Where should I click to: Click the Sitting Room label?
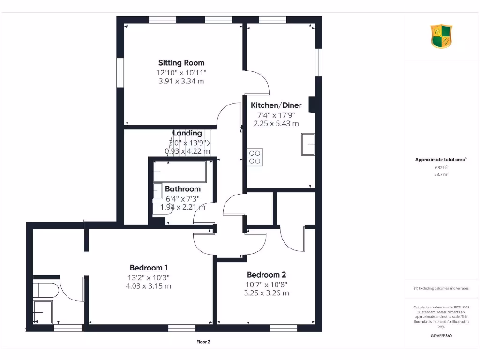pyautogui.click(x=181, y=63)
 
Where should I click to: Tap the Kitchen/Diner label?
pyautogui.click(x=276, y=105)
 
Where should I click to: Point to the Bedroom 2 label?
pyautogui.click(x=266, y=275)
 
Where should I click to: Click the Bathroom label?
pyautogui.click(x=182, y=189)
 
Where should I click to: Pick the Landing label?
pyautogui.click(x=187, y=133)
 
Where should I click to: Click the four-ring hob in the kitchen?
pyautogui.click(x=255, y=157)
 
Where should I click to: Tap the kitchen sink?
pyautogui.click(x=308, y=143)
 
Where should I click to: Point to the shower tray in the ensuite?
pyautogui.click(x=43, y=311)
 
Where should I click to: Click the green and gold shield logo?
pyautogui.click(x=441, y=37)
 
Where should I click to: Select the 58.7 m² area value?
pyautogui.click(x=441, y=174)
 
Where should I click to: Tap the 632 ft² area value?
pyautogui.click(x=441, y=167)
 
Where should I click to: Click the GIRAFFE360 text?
pyautogui.click(x=441, y=336)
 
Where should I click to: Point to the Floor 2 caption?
pyautogui.click(x=203, y=342)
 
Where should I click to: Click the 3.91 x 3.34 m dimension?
pyautogui.click(x=181, y=81)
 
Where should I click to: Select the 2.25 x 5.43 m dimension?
pyautogui.click(x=276, y=124)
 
